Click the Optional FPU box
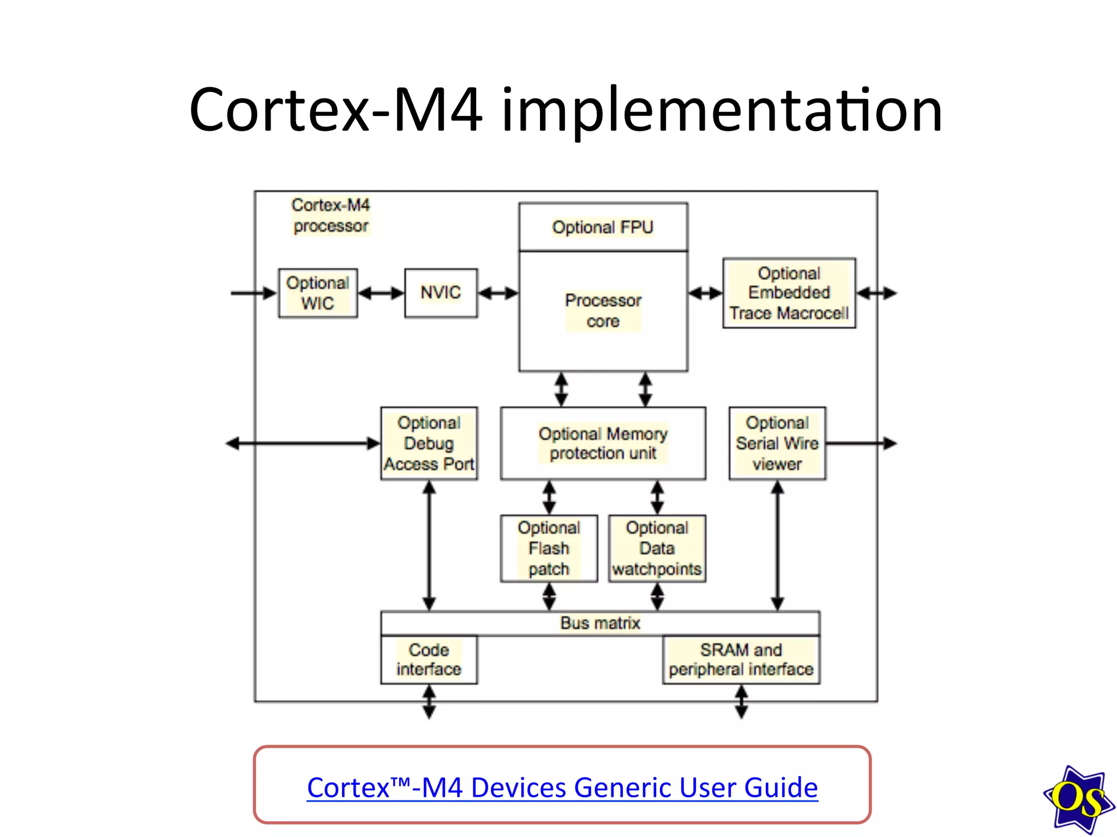pyautogui.click(x=603, y=227)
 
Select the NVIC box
pyautogui.click(x=441, y=293)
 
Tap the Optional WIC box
pyautogui.click(x=318, y=293)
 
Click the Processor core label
pyautogui.click(x=603, y=311)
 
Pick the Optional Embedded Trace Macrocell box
pyautogui.click(x=789, y=293)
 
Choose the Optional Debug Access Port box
pyautogui.click(x=429, y=443)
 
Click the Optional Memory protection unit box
pyautogui.click(x=603, y=443)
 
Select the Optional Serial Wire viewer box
pyautogui.click(x=777, y=443)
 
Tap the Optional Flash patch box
pyautogui.click(x=549, y=548)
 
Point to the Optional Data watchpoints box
pyautogui.click(x=657, y=548)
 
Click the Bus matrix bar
pyautogui.click(x=600, y=623)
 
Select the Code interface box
pyautogui.click(x=429, y=659)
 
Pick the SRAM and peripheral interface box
pyautogui.click(x=741, y=659)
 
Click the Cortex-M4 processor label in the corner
pyautogui.click(x=331, y=215)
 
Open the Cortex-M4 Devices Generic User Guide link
pyautogui.click(x=562, y=787)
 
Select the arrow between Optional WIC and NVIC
pyautogui.click(x=381, y=293)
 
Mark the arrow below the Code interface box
pyautogui.click(x=429, y=701)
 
